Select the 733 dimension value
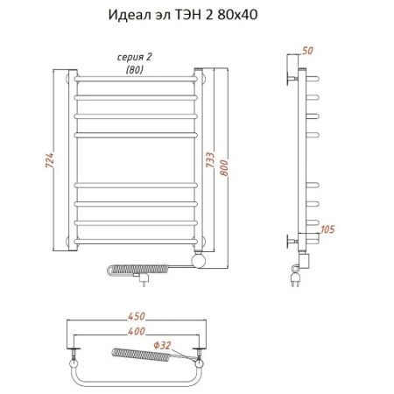pos(220,162)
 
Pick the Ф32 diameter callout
pos(186,345)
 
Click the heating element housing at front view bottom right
pos(201,259)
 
